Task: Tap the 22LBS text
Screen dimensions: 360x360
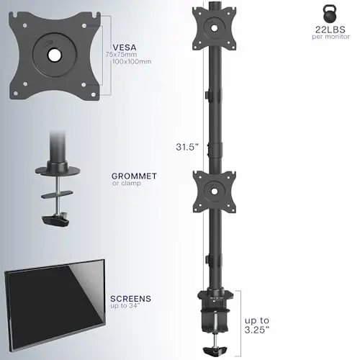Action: [x=330, y=30]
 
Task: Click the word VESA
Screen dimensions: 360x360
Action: [x=125, y=47]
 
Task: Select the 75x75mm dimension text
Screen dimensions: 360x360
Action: [x=122, y=55]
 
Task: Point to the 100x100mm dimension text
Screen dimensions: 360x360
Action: [x=132, y=61]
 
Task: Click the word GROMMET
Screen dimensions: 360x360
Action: [x=134, y=176]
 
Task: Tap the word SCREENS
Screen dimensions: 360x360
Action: [x=131, y=299]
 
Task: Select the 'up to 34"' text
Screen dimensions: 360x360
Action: [x=125, y=306]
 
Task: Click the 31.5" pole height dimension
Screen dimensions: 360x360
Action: [x=187, y=147]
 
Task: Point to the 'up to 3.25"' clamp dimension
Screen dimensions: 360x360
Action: [x=257, y=325]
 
